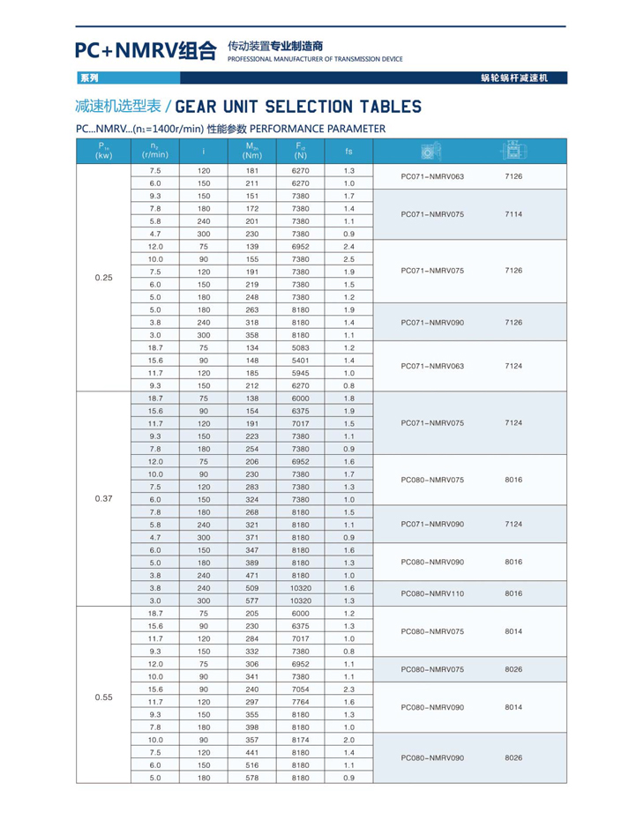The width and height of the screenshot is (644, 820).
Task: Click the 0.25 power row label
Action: pyautogui.click(x=103, y=278)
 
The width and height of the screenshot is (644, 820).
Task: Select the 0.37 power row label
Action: pyautogui.click(x=103, y=497)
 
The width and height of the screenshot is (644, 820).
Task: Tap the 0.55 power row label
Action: pyautogui.click(x=103, y=697)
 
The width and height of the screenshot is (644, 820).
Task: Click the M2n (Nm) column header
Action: pyautogui.click(x=251, y=152)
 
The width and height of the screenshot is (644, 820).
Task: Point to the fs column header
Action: pyautogui.click(x=348, y=152)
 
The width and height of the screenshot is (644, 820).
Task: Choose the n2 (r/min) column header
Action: pyautogui.click(x=154, y=152)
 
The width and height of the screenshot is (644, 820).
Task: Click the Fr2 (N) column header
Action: pyautogui.click(x=301, y=152)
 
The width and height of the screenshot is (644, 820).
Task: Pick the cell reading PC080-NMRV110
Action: pyautogui.click(x=432, y=593)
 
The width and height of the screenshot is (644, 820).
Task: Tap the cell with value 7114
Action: pyautogui.click(x=513, y=214)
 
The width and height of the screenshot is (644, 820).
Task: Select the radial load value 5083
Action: pyautogui.click(x=301, y=347)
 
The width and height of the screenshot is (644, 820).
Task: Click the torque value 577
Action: pyautogui.click(x=251, y=600)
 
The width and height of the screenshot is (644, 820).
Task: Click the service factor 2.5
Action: pyautogui.click(x=348, y=259)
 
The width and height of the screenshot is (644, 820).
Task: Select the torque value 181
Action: pyautogui.click(x=251, y=170)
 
